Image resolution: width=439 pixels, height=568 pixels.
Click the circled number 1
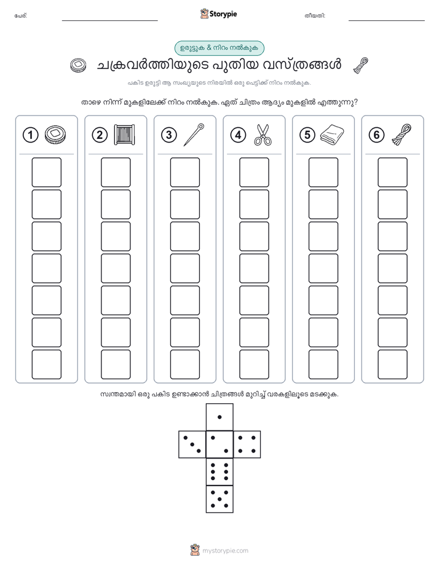coord(30,135)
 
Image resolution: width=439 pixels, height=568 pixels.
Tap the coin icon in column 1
coord(55,135)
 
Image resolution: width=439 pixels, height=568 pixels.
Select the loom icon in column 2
coord(124,135)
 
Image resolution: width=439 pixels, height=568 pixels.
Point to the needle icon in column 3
coord(194,135)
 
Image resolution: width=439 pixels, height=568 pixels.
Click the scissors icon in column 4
coord(263,135)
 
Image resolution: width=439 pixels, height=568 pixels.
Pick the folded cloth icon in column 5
coord(332,135)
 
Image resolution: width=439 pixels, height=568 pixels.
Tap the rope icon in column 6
coord(401,135)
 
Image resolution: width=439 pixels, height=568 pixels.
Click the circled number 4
coord(238,135)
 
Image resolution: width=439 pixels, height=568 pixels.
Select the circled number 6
coord(376,135)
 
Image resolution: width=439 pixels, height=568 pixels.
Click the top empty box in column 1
coord(46,172)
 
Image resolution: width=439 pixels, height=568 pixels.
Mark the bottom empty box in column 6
coord(392,365)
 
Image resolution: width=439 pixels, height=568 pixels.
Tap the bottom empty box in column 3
coord(184,365)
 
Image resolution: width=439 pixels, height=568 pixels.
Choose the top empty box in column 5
coord(323,172)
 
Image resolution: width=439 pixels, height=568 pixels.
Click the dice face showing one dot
coord(219,417)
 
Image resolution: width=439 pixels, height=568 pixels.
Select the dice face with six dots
coord(219,471)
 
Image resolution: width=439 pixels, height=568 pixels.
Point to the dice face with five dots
coord(219,499)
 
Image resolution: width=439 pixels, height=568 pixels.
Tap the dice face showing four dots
coord(247,444)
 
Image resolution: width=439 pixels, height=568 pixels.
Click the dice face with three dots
coord(192,444)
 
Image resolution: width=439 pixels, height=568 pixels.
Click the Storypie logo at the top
coord(218,14)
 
